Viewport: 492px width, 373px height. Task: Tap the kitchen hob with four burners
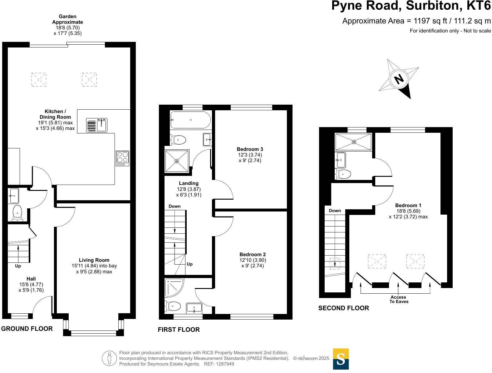122,158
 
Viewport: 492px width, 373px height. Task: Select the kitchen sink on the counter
97,125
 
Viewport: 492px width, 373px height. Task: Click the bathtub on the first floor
190,120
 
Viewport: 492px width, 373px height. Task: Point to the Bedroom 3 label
250,149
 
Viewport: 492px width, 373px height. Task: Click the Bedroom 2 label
253,255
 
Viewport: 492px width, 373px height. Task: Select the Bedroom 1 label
408,206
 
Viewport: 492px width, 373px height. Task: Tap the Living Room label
94,260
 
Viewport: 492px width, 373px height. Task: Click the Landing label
189,183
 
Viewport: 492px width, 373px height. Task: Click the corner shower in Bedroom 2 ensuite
174,287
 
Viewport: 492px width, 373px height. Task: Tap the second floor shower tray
354,142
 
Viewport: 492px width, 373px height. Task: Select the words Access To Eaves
399,299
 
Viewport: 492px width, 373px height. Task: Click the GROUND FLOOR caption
27,329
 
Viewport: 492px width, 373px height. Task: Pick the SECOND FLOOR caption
343,308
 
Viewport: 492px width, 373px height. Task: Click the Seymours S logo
341,359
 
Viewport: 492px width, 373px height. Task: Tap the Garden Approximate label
67,19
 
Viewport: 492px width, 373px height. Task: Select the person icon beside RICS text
109,358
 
